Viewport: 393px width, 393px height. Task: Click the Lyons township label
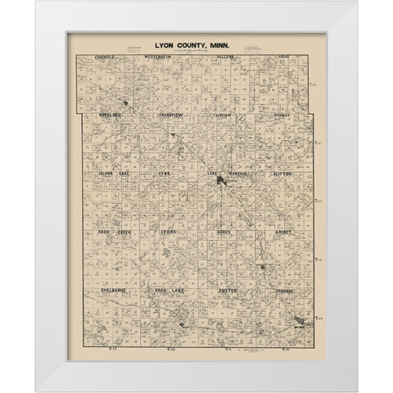[x=170, y=233]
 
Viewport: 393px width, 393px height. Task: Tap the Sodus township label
[x=226, y=233]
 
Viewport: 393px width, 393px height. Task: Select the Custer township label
[x=227, y=291]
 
